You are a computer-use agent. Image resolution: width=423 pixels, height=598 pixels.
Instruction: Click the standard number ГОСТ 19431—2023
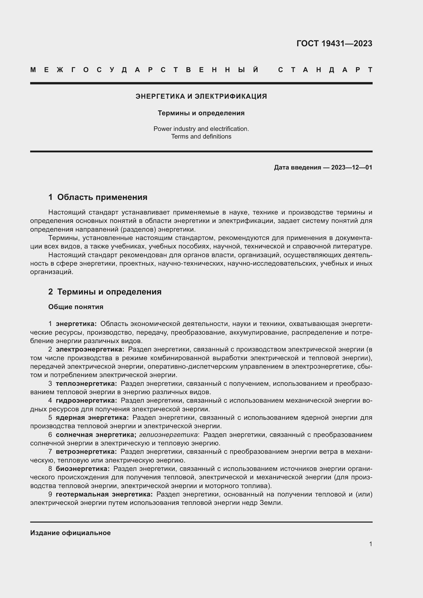(x=334, y=43)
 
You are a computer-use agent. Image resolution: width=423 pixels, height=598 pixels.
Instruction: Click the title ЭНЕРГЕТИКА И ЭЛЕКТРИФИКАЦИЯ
(x=201, y=96)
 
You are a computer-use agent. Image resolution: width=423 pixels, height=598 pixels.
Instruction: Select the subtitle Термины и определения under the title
(x=201, y=113)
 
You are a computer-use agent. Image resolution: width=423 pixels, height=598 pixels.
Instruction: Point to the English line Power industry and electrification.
(x=201, y=129)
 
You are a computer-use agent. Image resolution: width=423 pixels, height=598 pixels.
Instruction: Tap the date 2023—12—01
(x=352, y=167)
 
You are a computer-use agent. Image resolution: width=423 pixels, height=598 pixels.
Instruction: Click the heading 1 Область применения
(x=98, y=197)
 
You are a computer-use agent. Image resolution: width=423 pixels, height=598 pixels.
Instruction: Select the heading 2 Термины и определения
(x=105, y=292)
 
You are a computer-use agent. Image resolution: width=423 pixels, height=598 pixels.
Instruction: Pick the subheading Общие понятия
(x=76, y=307)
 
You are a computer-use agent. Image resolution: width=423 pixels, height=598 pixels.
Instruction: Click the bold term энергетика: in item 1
(x=76, y=324)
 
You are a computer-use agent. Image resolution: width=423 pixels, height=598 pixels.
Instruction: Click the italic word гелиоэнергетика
(x=169, y=435)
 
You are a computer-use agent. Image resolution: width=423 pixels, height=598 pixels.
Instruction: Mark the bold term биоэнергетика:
(x=83, y=469)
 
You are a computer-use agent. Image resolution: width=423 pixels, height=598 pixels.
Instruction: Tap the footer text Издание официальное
(x=70, y=533)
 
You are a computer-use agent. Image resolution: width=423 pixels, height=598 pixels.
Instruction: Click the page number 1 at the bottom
(x=371, y=544)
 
